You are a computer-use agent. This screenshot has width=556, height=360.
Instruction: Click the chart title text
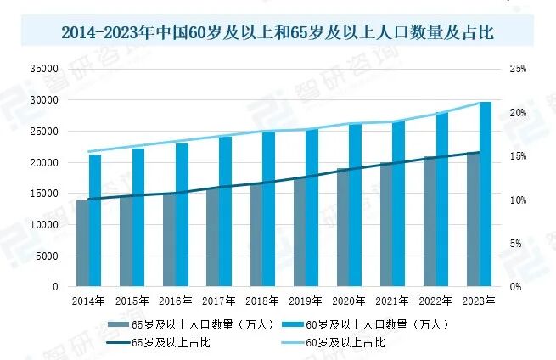(278, 32)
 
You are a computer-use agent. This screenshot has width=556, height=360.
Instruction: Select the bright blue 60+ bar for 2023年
(486, 194)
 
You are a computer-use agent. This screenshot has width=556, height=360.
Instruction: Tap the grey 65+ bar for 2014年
(82, 244)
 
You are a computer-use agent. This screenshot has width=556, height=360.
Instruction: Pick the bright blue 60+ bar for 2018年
(269, 209)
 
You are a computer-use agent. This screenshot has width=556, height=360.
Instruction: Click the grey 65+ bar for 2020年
(343, 228)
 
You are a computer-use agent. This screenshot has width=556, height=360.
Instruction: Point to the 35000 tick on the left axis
(44, 69)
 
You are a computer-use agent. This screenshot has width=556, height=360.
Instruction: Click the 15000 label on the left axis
(44, 194)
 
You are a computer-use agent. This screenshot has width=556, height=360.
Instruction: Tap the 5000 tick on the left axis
(47, 256)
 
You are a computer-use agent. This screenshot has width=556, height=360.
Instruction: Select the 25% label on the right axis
(518, 69)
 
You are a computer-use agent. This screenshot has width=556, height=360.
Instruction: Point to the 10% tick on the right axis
(518, 200)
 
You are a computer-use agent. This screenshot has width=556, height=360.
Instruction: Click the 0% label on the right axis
(516, 287)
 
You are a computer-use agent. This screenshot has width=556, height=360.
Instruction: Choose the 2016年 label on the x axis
(175, 301)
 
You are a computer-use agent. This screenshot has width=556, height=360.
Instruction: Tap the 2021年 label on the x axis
(392, 301)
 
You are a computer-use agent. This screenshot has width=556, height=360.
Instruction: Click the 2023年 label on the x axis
(479, 301)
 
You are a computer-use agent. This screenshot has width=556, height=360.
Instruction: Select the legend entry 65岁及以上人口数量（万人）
(191, 324)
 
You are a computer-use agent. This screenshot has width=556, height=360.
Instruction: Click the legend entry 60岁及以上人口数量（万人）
(365, 324)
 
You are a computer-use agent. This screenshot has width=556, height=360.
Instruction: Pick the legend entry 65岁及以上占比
(159, 342)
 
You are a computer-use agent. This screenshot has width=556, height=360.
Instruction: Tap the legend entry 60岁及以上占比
(333, 342)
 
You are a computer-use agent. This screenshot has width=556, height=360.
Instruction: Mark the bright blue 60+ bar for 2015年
(138, 217)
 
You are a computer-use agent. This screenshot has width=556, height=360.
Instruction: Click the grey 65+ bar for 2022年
(430, 222)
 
